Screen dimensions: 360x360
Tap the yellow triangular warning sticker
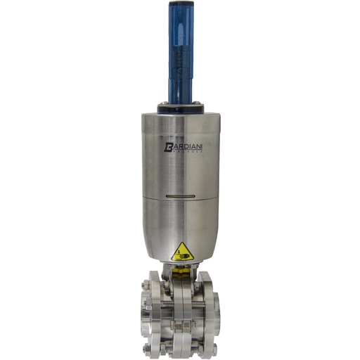[x=182, y=251]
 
